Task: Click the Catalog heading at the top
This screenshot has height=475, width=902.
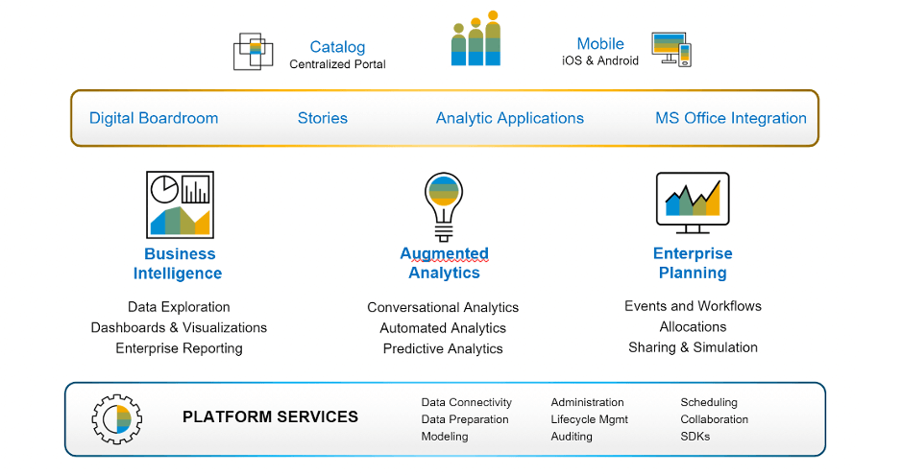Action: click(337, 47)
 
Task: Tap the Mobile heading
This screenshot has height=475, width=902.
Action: click(600, 44)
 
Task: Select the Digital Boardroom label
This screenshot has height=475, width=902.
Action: click(154, 118)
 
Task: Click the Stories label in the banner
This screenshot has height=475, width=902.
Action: click(323, 118)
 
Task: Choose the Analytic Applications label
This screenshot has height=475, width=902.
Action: click(510, 118)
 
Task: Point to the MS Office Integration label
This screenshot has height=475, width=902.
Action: click(731, 118)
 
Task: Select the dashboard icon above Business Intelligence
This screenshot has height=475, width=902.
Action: click(180, 204)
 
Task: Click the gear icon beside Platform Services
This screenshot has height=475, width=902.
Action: click(117, 418)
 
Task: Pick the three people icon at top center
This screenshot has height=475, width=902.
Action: click(476, 40)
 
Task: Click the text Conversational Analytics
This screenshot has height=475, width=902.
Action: click(443, 308)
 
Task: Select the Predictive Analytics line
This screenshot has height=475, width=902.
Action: click(443, 348)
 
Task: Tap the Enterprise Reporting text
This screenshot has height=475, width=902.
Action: click(179, 347)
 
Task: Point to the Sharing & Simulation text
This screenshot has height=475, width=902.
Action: click(693, 346)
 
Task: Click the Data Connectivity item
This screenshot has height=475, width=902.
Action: click(467, 402)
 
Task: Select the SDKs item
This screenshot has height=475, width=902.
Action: click(695, 437)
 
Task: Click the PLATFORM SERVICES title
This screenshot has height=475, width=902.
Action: click(270, 417)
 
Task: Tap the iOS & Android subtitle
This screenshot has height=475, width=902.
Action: click(600, 61)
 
